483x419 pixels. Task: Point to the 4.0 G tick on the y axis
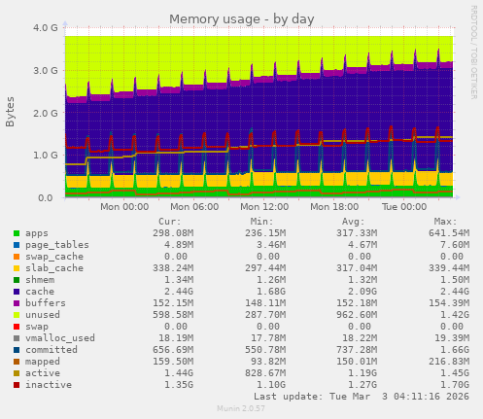click(44, 28)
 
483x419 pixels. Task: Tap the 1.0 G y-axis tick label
click(44, 156)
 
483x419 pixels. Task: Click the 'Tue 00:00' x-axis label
click(403, 207)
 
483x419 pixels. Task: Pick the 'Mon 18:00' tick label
click(333, 207)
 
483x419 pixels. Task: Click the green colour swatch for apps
click(17, 233)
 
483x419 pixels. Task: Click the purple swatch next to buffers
click(17, 302)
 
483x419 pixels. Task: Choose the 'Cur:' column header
click(169, 222)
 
